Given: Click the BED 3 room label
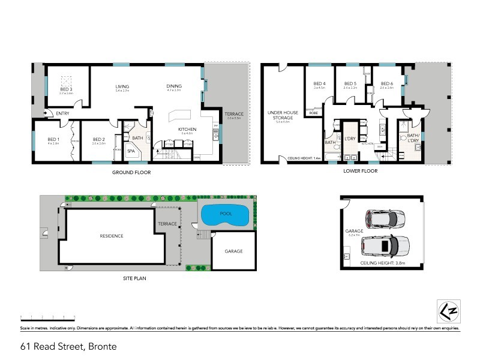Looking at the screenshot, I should coord(65,88).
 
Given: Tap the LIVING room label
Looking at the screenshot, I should coord(122,87).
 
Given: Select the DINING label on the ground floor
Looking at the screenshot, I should coord(174,86).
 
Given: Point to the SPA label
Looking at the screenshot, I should coord(131,152).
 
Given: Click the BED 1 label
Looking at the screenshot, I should coord(53,139).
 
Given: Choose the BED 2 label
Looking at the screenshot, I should coord(99,139).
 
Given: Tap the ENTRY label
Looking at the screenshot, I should coord(62,113).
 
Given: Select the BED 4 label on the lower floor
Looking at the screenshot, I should coord(319,83).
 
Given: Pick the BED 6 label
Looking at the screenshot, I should coord(387,83).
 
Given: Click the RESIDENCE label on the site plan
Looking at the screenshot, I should coord(111,236).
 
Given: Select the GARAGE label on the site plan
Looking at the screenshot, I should coord(233,251).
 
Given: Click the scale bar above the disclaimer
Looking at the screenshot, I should coord(47,317).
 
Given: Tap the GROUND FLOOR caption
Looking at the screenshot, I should coord(131,172).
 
